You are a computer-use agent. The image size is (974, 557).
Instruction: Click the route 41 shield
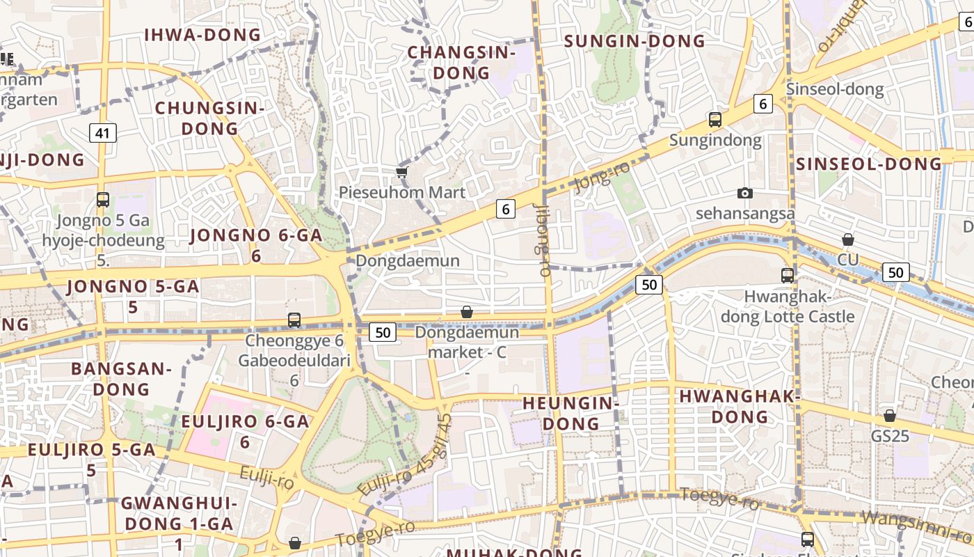[103, 132]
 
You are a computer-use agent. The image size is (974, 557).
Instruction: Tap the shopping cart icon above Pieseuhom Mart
[401, 172]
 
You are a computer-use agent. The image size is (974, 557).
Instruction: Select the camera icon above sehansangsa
[745, 193]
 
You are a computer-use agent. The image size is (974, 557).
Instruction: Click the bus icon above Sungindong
[715, 120]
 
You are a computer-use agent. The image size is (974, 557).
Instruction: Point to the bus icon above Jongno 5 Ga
[103, 200]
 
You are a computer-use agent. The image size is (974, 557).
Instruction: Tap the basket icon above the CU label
[848, 240]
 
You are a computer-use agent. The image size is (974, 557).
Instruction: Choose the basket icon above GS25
[890, 416]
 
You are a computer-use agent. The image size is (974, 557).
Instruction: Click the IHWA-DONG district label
[202, 35]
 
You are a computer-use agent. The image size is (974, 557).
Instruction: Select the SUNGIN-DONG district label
[634, 41]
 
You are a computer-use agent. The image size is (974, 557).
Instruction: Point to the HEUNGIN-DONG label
[570, 413]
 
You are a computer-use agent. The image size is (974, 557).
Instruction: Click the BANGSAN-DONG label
[121, 379]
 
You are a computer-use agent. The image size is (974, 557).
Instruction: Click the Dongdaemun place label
[408, 260]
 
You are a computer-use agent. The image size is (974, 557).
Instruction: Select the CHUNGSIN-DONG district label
[209, 118]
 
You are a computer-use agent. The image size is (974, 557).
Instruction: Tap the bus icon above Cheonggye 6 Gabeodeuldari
[294, 320]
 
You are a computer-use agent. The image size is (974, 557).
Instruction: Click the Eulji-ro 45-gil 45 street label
[406, 455]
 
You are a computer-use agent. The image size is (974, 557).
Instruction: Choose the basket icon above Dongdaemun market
[467, 313]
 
